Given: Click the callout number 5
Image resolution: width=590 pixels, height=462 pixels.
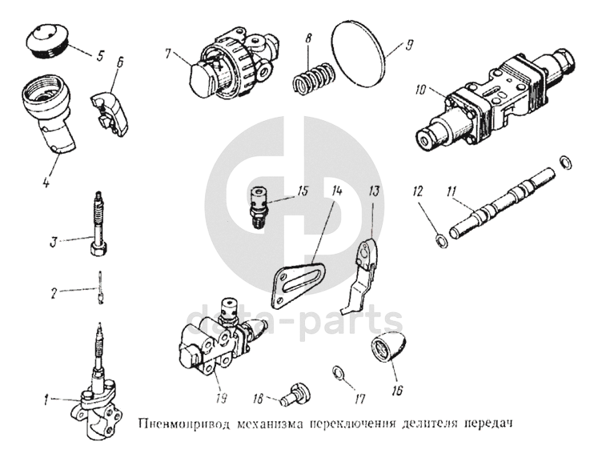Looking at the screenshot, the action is click(x=99, y=56).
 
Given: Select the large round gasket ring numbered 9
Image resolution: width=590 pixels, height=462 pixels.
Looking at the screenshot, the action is click(x=359, y=54).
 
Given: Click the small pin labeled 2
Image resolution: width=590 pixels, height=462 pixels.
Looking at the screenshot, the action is click(x=100, y=287).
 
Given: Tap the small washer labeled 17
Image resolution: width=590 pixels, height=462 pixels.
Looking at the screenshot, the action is click(x=338, y=372).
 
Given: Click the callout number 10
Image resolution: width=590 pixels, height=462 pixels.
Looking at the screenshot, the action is click(x=422, y=90).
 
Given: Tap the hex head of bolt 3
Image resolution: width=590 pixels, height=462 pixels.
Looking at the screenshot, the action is click(x=100, y=247).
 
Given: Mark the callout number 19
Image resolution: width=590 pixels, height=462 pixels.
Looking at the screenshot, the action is click(x=222, y=398).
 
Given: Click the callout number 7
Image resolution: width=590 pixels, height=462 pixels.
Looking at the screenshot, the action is click(x=168, y=54).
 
